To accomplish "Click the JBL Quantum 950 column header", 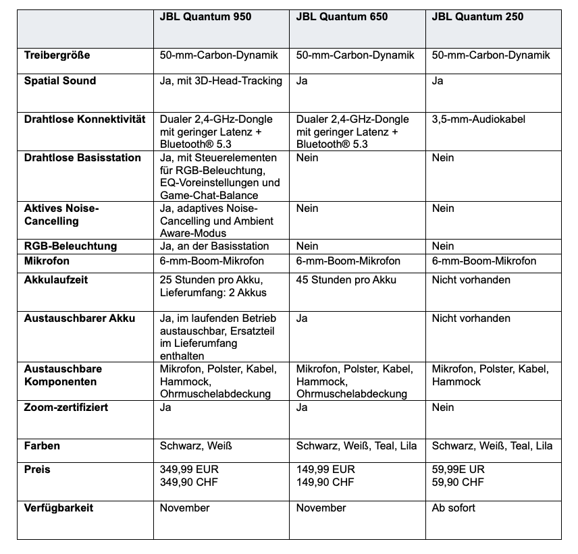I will click(x=205, y=17).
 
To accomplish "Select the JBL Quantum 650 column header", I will click(x=342, y=17).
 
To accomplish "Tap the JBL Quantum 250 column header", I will click(x=478, y=17).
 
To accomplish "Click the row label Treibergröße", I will click(x=57, y=55).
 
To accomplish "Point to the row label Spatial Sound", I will click(x=60, y=81).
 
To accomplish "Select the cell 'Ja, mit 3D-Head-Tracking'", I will click(x=221, y=81).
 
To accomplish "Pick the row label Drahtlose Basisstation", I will click(x=82, y=158).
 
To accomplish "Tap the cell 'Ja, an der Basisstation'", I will click(x=214, y=246).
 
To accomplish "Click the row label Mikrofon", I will click(x=47, y=260).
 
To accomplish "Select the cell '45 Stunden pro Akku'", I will click(x=346, y=279).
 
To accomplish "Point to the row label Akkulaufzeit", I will click(x=57, y=279).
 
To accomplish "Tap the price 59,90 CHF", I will click(x=458, y=482).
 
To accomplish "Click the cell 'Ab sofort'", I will click(x=454, y=507).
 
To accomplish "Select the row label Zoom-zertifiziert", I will click(x=65, y=408).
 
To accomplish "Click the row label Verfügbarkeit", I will click(x=59, y=507).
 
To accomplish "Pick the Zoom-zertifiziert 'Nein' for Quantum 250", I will click(x=444, y=408).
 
